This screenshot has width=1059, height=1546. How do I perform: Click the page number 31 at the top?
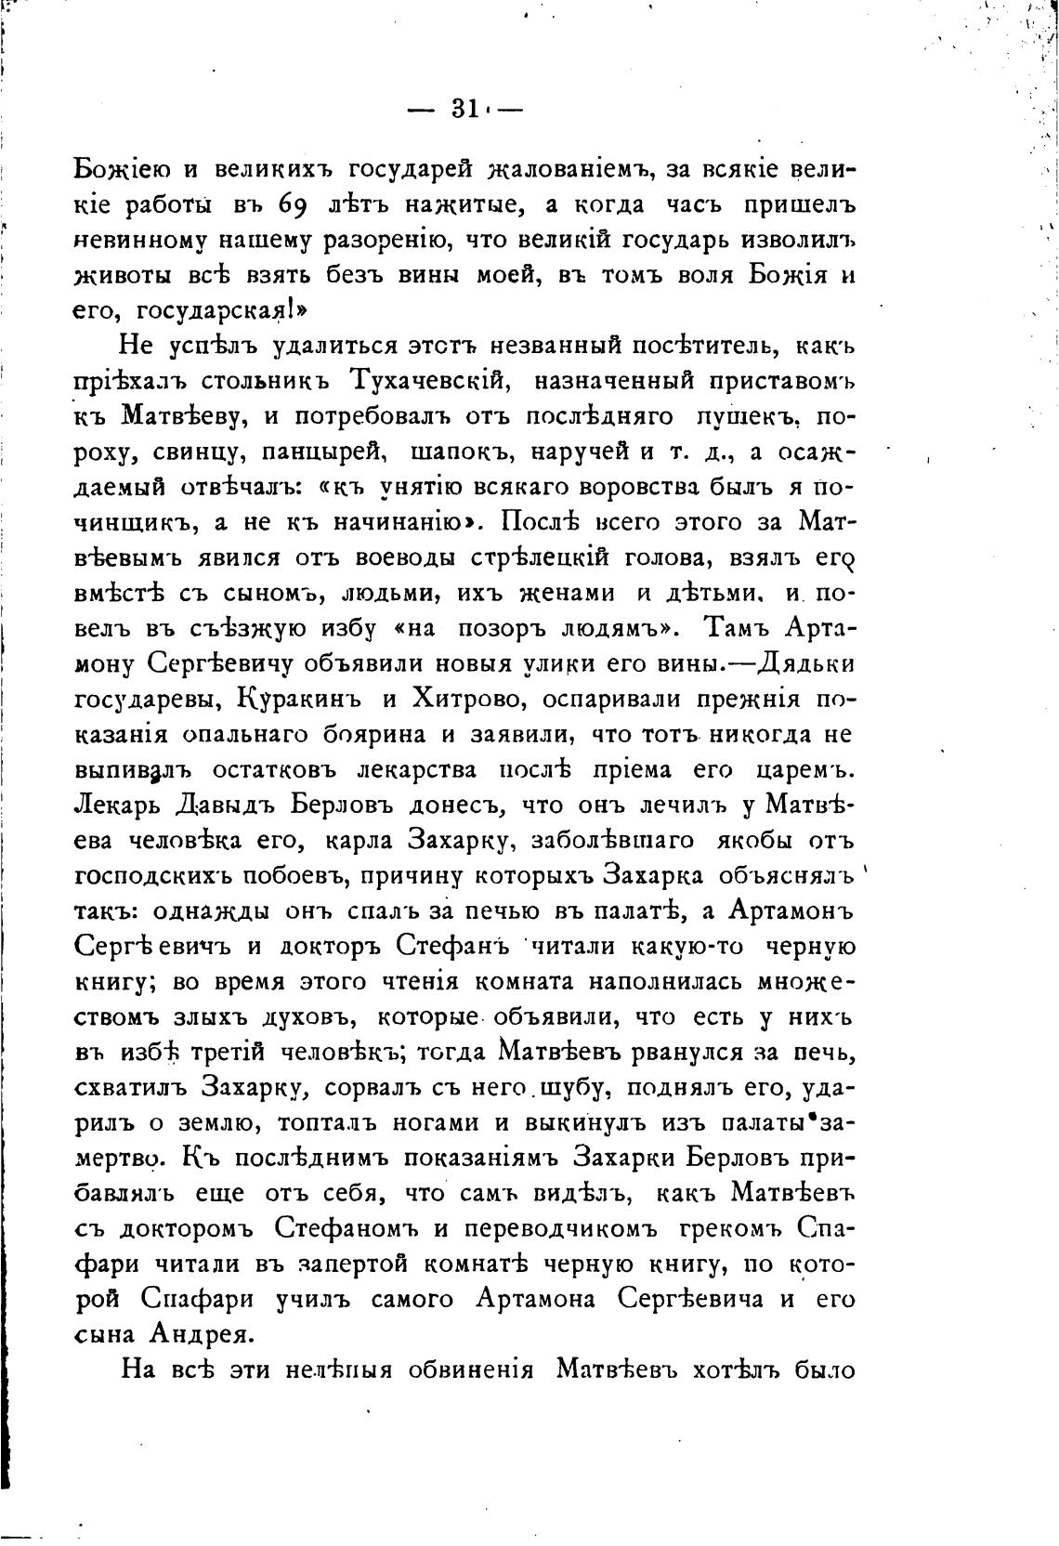click(x=464, y=109)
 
